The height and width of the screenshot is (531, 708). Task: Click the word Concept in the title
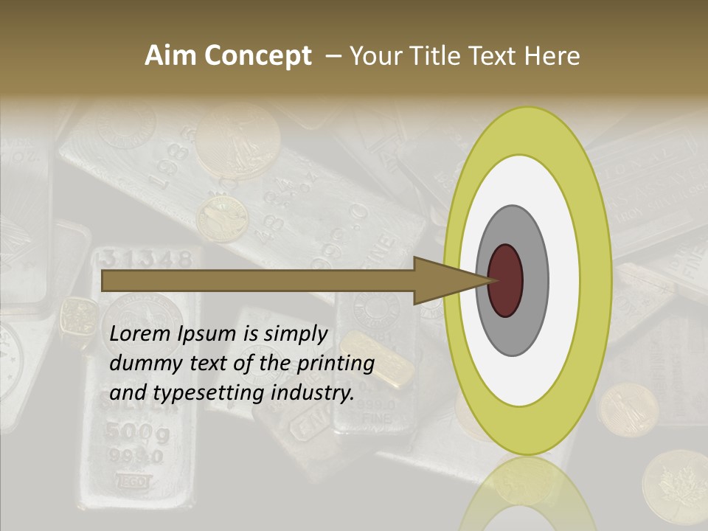pos(257,56)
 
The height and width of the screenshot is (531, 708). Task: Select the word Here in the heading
pos(552,56)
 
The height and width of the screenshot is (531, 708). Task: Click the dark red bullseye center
pos(506,280)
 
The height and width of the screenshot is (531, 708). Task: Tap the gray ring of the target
pos(533,280)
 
